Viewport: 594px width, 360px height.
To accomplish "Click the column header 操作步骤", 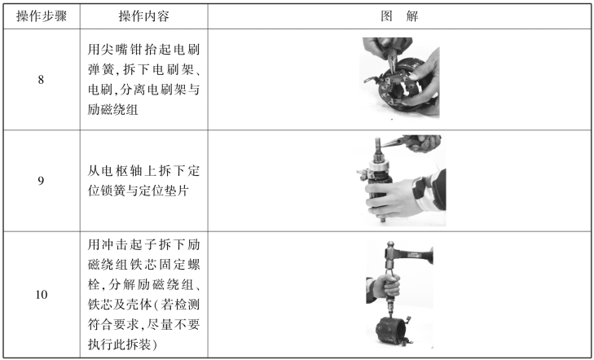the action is [x=42, y=16].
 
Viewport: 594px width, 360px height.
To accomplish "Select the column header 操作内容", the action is [x=144, y=16].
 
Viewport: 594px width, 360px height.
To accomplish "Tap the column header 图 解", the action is [x=399, y=16].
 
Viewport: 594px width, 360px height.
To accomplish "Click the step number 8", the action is [x=41, y=80].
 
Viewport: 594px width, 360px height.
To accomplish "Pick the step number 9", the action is [x=41, y=181].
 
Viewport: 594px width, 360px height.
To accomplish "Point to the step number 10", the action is [x=42, y=295].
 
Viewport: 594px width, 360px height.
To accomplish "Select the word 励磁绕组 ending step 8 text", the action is [x=113, y=110].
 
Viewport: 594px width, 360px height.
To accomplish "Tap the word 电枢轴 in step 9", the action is [x=118, y=171].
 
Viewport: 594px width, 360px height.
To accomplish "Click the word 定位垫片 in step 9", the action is [x=163, y=191].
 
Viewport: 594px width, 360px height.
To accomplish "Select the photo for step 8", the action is [x=399, y=77].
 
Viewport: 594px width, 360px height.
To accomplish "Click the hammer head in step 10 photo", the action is [x=389, y=252].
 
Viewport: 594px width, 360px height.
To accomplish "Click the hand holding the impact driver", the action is [x=385, y=285].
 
